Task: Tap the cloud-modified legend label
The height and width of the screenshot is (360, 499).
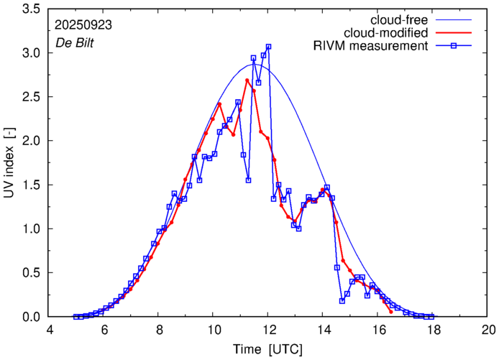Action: point(387,32)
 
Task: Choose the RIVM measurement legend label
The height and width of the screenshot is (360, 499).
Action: point(371,46)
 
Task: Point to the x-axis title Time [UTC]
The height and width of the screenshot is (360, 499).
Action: point(267,349)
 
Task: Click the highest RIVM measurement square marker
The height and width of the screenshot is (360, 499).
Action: point(268,47)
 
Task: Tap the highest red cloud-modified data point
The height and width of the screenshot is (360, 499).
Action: point(247,80)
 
